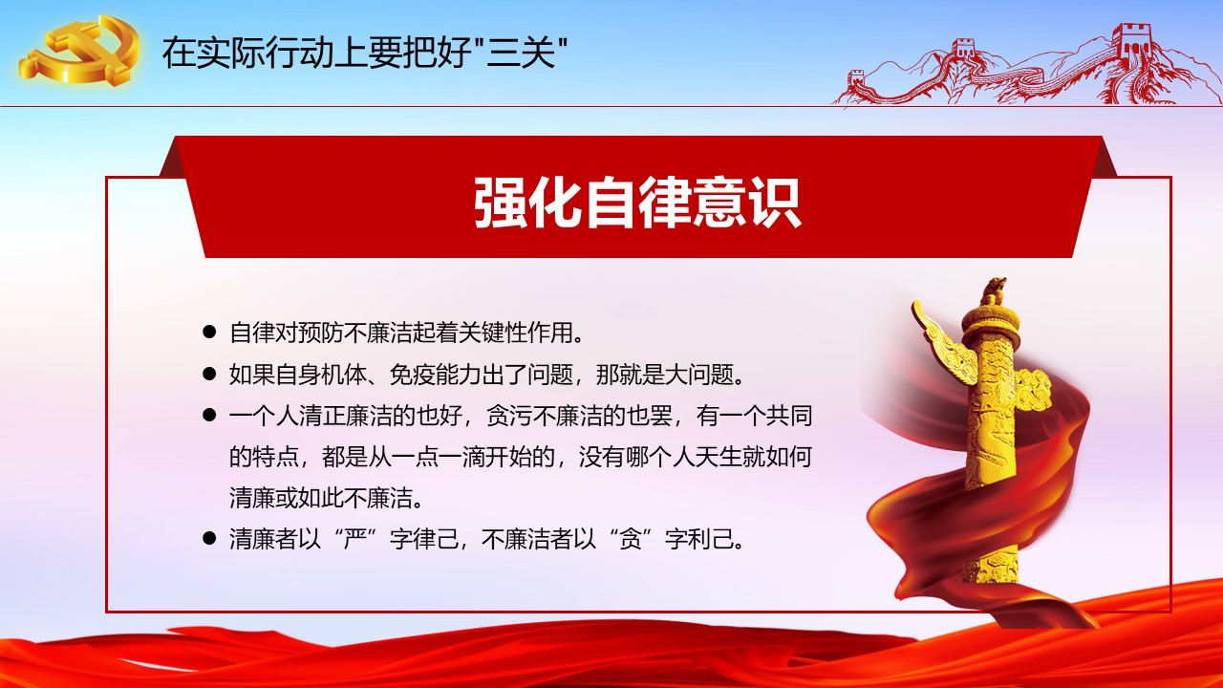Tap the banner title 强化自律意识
click(637, 202)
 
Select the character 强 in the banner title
click(500, 202)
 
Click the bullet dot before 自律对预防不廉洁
click(209, 332)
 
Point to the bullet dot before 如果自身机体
click(209, 374)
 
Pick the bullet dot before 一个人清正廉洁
click(209, 415)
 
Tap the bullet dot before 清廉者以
click(209, 538)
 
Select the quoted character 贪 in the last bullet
click(630, 539)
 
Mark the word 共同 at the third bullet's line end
click(789, 416)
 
